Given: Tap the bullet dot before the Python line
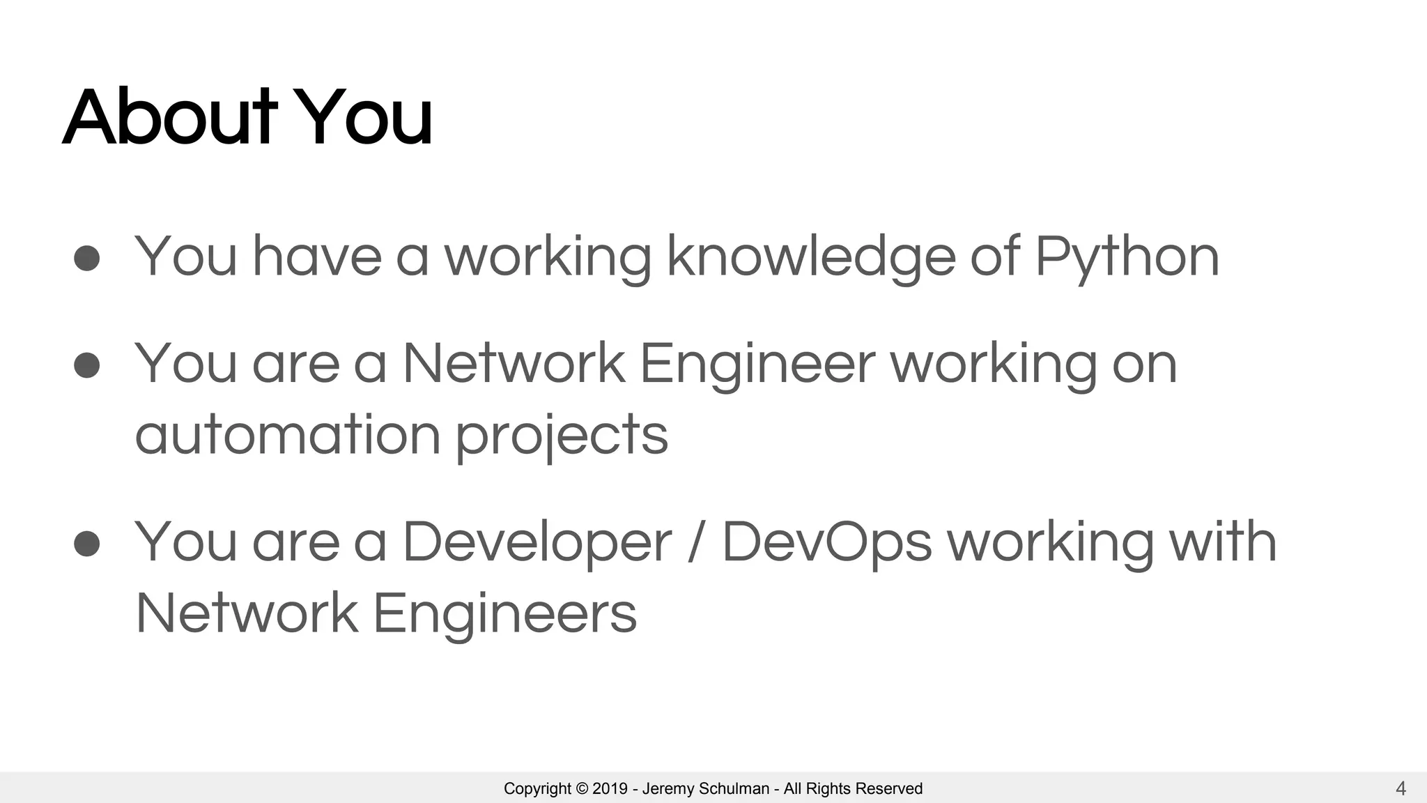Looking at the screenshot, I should tap(87, 258).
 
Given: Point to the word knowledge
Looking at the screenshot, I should tap(811, 258).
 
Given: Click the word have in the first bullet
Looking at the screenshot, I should tap(317, 257).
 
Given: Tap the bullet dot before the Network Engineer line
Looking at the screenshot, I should tap(87, 365).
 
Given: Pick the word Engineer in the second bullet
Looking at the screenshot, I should tap(757, 365).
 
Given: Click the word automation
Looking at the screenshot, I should tap(288, 434).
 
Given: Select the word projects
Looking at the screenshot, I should tap(562, 436).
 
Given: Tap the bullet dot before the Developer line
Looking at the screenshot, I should tap(87, 543).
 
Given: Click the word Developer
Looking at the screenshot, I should tap(537, 543).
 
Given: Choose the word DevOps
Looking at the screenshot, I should tap(826, 543).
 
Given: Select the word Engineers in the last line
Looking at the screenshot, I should tap(504, 614).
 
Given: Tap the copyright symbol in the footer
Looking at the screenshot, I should tap(582, 789).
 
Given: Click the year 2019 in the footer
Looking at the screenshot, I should tap(610, 789).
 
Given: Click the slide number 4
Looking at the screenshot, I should tap(1401, 789).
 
